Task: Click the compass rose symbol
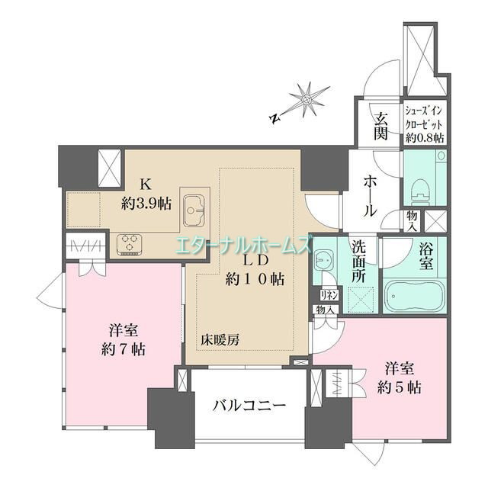click(307, 99)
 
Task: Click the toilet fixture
click(421, 185)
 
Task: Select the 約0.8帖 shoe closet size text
click(425, 137)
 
